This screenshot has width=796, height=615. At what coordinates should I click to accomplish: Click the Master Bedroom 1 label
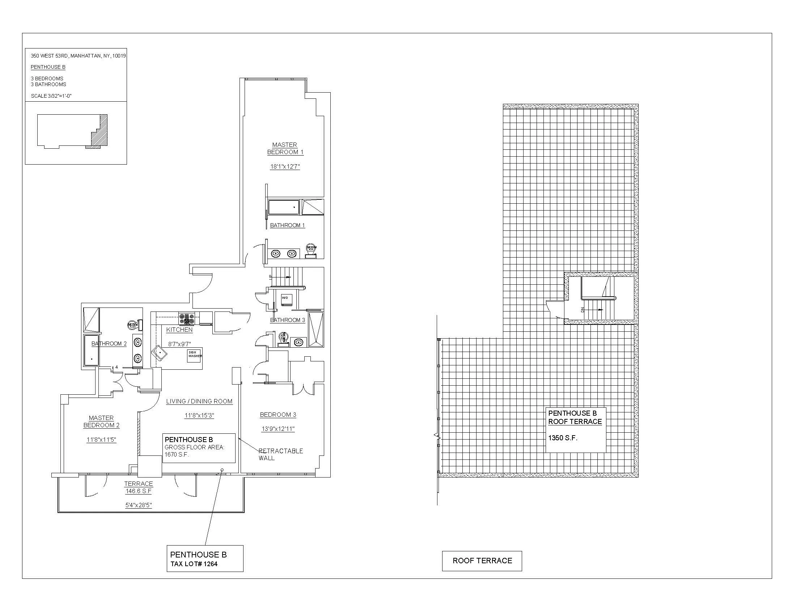285,148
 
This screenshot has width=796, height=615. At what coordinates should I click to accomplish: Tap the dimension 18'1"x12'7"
285,167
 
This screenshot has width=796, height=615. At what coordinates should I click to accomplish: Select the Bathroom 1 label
287,225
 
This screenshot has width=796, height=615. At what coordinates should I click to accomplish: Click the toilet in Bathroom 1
311,251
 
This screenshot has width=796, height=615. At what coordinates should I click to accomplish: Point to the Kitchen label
179,330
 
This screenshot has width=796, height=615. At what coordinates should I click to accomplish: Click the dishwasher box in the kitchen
195,356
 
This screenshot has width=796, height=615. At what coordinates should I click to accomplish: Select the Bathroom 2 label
109,344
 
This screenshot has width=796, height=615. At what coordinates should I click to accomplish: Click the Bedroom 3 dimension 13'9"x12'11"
278,429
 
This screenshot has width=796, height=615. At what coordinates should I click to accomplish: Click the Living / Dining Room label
199,401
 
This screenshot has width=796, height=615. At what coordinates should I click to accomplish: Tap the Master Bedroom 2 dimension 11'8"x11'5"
101,440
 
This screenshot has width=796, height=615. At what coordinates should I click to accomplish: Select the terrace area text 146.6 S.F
138,491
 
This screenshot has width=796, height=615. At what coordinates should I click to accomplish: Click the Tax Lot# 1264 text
194,564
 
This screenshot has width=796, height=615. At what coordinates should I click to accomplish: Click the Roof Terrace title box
482,561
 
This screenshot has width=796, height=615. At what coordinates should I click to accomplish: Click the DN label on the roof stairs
583,310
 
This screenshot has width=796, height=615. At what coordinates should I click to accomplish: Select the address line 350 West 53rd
78,56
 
